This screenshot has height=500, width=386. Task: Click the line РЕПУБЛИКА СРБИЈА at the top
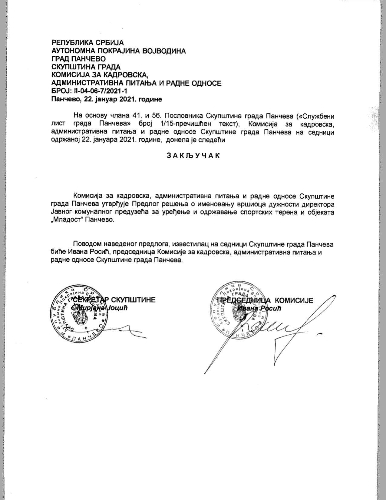pos(88,43)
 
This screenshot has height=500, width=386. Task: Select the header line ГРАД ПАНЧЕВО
pos(79,59)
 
